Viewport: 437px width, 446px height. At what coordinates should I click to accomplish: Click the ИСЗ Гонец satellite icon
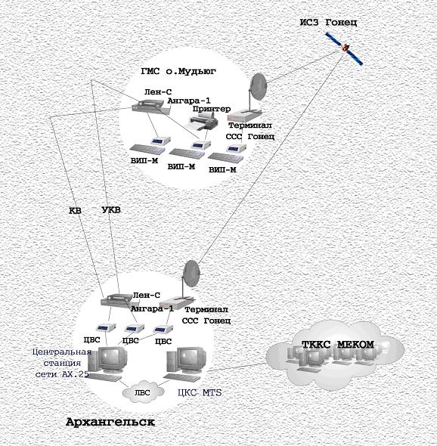click(x=345, y=48)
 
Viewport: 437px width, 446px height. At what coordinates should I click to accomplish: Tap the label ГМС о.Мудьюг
click(x=178, y=71)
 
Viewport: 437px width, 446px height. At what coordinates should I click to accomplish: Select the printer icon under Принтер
click(x=202, y=122)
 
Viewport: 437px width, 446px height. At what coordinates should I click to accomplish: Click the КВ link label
click(x=76, y=211)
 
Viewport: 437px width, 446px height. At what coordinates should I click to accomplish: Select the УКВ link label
click(x=111, y=210)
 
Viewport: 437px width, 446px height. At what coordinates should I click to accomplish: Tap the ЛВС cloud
click(x=143, y=392)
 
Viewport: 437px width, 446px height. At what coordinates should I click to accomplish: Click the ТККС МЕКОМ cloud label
click(x=338, y=345)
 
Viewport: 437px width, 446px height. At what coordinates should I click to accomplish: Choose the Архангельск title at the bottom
click(x=110, y=422)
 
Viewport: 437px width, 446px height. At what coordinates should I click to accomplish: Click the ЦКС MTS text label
click(x=200, y=393)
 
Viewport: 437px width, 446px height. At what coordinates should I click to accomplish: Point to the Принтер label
click(x=212, y=109)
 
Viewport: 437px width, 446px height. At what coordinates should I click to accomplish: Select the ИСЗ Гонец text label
click(x=328, y=23)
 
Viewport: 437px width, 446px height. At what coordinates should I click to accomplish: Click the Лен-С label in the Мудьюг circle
click(x=158, y=92)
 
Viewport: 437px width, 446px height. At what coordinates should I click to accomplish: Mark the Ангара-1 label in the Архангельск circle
click(x=152, y=309)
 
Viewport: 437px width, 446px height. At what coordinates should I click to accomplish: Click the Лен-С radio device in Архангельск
click(x=116, y=301)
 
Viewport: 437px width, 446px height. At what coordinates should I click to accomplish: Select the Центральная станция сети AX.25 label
click(x=62, y=364)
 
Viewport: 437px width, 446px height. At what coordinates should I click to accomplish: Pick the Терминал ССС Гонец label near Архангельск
click(x=206, y=315)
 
